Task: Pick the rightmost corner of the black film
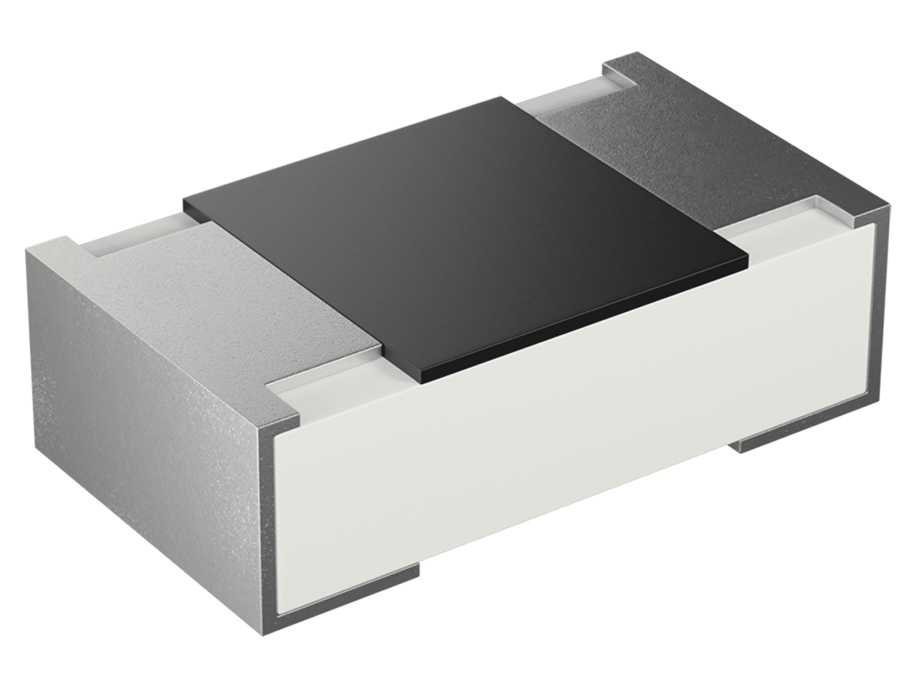tap(748, 258)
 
